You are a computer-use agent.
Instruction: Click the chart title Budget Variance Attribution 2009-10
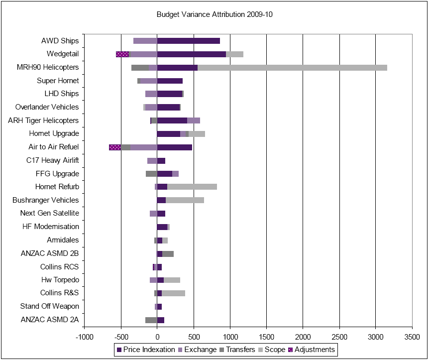214,14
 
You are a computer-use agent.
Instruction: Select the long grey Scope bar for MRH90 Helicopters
292,68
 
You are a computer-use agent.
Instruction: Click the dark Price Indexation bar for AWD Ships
189,41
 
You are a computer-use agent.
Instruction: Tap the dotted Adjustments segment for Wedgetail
122,54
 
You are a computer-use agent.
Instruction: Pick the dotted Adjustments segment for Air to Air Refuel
115,147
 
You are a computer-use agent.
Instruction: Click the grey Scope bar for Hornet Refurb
192,187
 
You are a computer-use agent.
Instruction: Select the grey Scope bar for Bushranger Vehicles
185,200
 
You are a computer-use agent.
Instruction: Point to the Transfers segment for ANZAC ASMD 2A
151,320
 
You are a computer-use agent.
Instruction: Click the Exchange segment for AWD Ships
145,41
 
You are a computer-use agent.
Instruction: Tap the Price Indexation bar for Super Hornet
170,81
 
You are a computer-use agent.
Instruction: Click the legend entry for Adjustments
314,350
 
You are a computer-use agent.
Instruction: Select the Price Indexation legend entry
145,350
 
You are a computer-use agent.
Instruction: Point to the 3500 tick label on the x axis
412,336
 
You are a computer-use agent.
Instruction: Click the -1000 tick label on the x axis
85,336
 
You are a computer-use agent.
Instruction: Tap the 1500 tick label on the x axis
266,336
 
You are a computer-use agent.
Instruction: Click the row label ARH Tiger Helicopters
43,120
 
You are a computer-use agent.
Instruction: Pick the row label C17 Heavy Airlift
52,160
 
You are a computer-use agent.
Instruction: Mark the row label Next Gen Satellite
49,213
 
